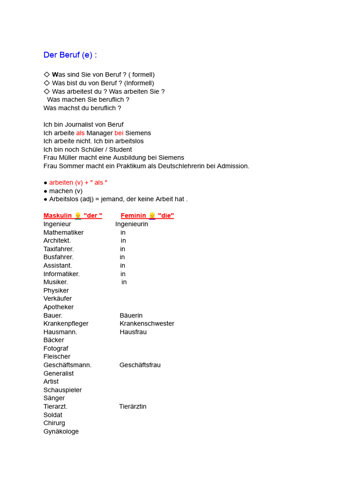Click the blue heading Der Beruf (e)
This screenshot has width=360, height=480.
tap(70, 55)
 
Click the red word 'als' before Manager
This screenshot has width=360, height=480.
tap(80, 133)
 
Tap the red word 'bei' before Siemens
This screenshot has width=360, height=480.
tap(119, 133)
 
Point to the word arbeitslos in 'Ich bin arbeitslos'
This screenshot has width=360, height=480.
tap(127, 141)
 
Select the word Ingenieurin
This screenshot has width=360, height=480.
tap(132, 224)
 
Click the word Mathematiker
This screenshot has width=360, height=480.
tap(64, 232)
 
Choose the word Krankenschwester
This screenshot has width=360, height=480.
tap(147, 323)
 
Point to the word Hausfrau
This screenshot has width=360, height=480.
tap(133, 332)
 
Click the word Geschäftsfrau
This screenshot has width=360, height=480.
tap(140, 365)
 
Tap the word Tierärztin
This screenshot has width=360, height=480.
tap(133, 406)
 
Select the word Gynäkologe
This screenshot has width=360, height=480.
tap(61, 431)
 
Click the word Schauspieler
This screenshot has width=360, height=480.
tap(62, 390)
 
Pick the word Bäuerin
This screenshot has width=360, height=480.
tap(131, 315)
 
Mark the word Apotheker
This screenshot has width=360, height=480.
tap(59, 307)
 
